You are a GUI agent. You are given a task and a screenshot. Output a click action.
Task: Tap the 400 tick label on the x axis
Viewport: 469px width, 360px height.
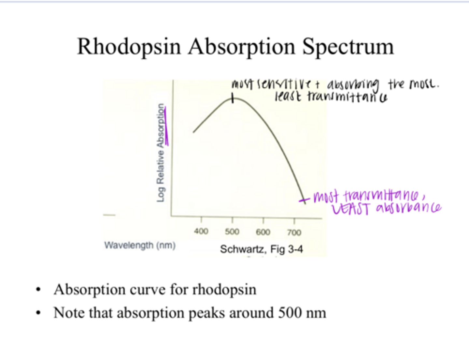[201, 231]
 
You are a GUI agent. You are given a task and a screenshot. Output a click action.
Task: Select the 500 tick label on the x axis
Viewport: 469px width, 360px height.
[232, 232]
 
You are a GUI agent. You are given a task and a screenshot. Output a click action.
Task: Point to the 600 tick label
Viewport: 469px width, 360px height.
[263, 232]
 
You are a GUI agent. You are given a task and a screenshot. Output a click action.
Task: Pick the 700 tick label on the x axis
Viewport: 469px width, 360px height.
[294, 232]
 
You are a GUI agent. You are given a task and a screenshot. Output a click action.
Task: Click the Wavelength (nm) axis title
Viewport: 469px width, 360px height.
[140, 245]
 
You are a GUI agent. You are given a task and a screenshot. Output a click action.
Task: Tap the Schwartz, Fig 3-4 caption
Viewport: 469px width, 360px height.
[261, 249]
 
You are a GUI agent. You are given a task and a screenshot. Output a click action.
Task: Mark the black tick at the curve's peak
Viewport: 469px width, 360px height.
[233, 98]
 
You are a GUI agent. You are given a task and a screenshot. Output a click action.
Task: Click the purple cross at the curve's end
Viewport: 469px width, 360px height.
[304, 200]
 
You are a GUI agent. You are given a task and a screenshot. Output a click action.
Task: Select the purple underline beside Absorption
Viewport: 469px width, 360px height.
[166, 127]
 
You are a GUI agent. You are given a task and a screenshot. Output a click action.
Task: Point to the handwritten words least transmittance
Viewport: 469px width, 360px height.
[331, 97]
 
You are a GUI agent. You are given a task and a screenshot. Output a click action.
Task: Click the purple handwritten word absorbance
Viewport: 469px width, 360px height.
[409, 208]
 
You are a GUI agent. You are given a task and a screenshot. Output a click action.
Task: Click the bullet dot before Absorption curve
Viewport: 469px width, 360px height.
[38, 290]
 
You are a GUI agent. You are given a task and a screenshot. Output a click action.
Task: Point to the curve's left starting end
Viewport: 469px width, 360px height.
[194, 132]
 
